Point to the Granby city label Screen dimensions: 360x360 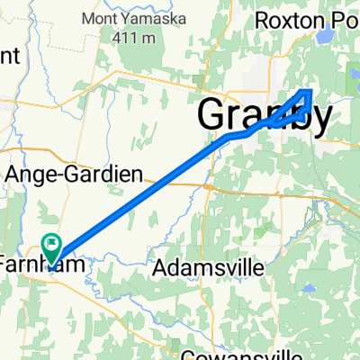(x=264, y=115)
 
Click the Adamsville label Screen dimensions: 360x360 (x=209, y=267)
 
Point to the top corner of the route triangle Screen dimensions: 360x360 (x=309, y=90)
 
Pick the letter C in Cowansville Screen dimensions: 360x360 (x=186, y=353)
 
